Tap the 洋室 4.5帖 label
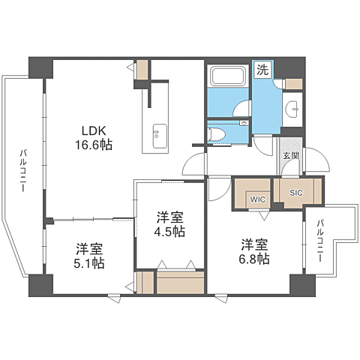(x=170, y=224)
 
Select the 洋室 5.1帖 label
(x=89, y=256)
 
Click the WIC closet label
(x=258, y=199)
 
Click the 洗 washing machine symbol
(x=262, y=71)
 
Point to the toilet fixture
(x=216, y=134)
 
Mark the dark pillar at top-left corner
(x=40, y=67)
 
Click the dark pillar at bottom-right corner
(x=300, y=285)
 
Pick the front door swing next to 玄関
(x=316, y=159)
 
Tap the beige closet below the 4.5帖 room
(x=180, y=283)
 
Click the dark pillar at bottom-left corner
(x=42, y=285)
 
